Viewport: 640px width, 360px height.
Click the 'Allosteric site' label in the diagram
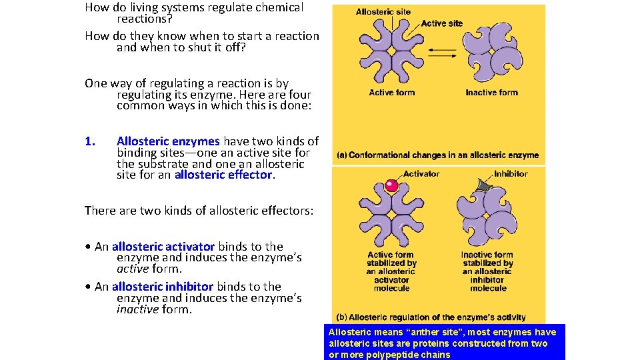point(383,12)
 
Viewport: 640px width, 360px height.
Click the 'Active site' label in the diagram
point(441,23)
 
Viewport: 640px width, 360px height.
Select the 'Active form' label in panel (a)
point(392,93)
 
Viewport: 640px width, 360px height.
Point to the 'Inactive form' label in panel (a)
point(491,93)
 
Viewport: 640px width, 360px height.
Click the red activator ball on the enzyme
point(392,186)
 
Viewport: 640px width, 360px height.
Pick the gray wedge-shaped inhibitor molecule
point(480,187)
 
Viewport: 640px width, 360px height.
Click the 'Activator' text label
point(421,174)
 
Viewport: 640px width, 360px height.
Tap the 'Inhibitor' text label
point(511,174)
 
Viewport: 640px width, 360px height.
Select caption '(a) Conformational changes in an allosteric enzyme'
point(437,155)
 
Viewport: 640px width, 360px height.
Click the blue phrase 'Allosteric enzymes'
point(168,141)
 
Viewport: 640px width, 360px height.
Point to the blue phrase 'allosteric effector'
point(223,175)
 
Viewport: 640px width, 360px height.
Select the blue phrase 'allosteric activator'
point(163,247)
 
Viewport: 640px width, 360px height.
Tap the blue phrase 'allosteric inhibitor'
point(163,287)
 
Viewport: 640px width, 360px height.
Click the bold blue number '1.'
point(91,141)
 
